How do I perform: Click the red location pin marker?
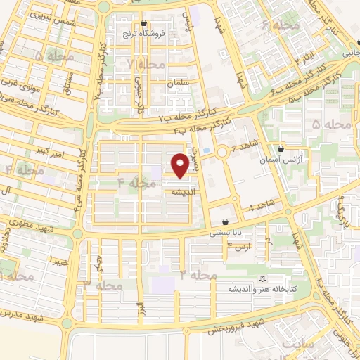[181, 165]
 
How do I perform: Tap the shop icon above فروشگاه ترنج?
[143, 22]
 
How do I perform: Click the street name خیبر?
[56, 259]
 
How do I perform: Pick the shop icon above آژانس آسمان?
[281, 149]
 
